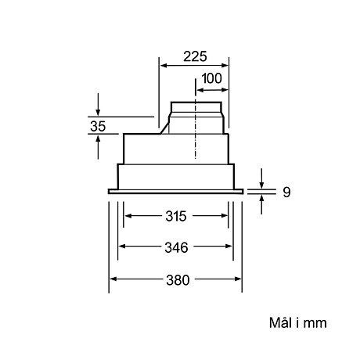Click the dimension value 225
(x=194, y=57)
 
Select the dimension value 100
(x=211, y=78)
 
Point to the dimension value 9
(x=286, y=191)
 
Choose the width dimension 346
(x=176, y=247)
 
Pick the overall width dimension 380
(x=176, y=279)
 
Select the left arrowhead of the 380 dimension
(x=112, y=279)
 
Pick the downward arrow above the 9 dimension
(x=262, y=182)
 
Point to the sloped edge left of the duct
(x=165, y=126)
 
